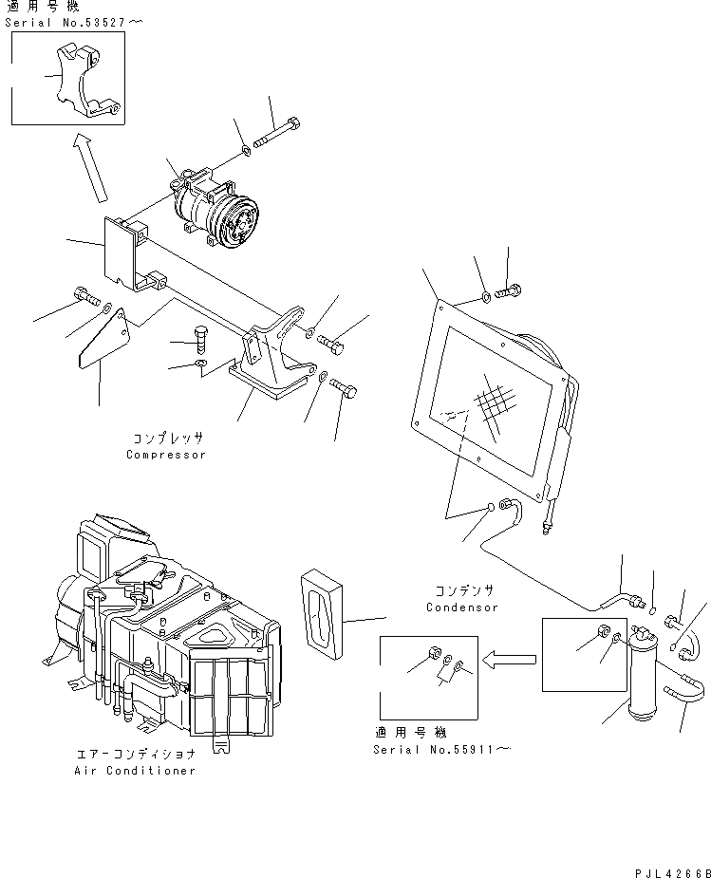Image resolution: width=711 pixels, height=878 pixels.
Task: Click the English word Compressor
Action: click(166, 455)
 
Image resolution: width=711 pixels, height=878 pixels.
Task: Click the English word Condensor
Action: click(461, 607)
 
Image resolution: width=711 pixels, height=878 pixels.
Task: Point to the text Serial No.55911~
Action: click(442, 750)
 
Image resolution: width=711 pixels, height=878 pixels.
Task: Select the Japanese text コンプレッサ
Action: click(167, 439)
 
